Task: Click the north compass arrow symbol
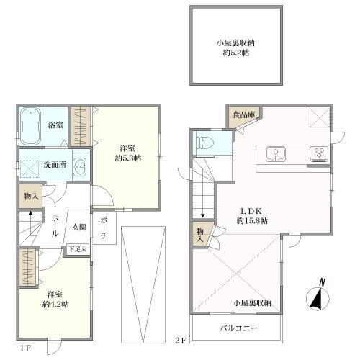click(x=317, y=297)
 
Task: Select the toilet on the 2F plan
click(x=204, y=141)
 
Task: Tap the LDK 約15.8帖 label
click(x=253, y=215)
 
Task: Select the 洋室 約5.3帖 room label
click(x=130, y=152)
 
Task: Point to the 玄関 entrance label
click(x=78, y=228)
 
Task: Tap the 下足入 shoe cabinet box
click(x=78, y=249)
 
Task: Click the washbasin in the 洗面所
click(x=79, y=165)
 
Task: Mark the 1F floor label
click(x=26, y=348)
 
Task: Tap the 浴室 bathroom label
click(x=55, y=124)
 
